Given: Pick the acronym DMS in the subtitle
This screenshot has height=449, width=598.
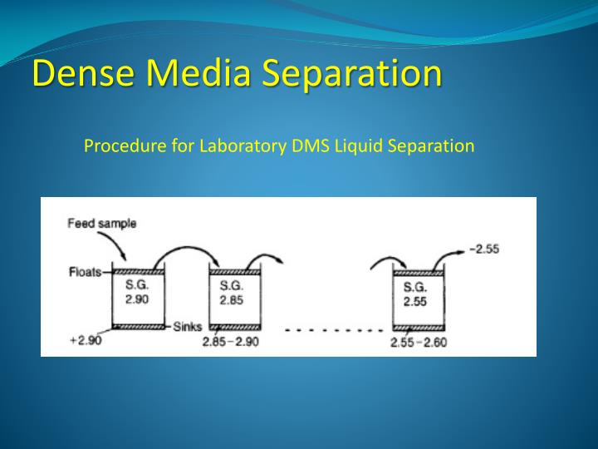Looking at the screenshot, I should tap(307, 146).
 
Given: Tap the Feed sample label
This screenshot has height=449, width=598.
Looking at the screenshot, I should tap(102, 223).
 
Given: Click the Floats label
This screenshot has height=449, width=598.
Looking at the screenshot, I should tap(86, 272).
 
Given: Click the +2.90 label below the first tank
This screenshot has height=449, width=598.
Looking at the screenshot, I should tap(86, 341).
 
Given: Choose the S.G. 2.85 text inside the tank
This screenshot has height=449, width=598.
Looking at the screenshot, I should tap(232, 293).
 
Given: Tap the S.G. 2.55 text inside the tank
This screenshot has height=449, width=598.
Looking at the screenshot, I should tap(415, 294).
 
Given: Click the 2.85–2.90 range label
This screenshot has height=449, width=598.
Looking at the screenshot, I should tap(232, 342).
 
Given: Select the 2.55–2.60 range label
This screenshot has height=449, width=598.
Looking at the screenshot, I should tap(418, 342).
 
